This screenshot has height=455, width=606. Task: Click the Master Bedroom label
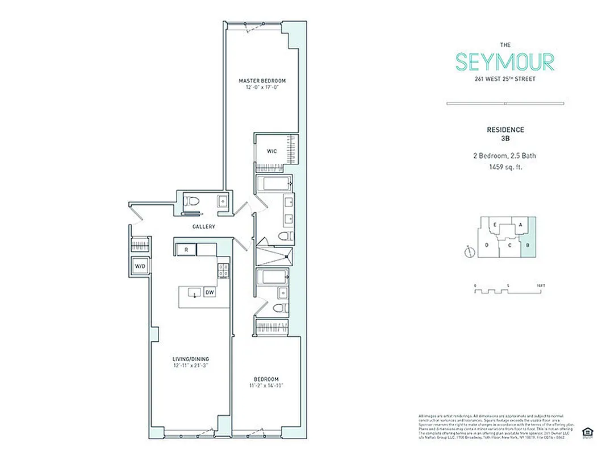[x=262, y=81]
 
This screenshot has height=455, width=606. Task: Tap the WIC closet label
[x=271, y=151]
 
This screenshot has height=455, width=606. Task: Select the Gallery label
[x=203, y=227]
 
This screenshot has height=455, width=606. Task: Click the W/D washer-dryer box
[x=140, y=266]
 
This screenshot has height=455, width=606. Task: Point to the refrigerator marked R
[x=186, y=250]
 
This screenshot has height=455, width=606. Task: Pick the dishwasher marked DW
[x=210, y=292]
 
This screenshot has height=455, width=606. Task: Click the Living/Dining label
[x=191, y=359]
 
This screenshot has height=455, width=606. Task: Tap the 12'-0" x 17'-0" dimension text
[x=262, y=88]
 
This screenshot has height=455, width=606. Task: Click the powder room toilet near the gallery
[x=192, y=202]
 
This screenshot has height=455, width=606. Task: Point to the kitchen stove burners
[x=223, y=270]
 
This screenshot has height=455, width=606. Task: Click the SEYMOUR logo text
[x=504, y=61]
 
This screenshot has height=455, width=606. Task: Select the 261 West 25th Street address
[x=505, y=79]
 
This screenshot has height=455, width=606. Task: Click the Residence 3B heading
[x=505, y=133]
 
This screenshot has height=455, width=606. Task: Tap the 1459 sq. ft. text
[x=505, y=167]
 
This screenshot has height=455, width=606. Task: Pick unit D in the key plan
[x=487, y=245]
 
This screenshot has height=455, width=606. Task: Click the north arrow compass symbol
[x=468, y=251]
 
